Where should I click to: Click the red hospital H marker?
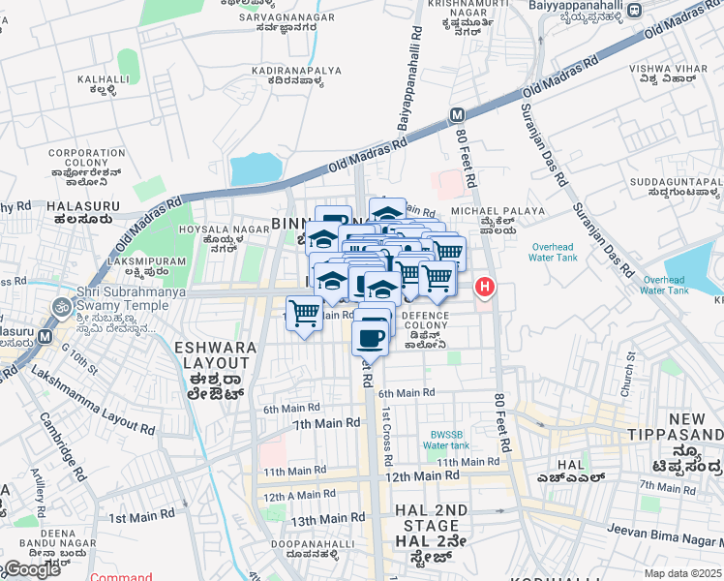(x=484, y=288)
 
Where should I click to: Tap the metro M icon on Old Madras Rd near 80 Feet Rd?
(x=457, y=115)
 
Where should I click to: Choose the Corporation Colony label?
(x=87, y=165)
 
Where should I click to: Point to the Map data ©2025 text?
(x=682, y=573)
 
